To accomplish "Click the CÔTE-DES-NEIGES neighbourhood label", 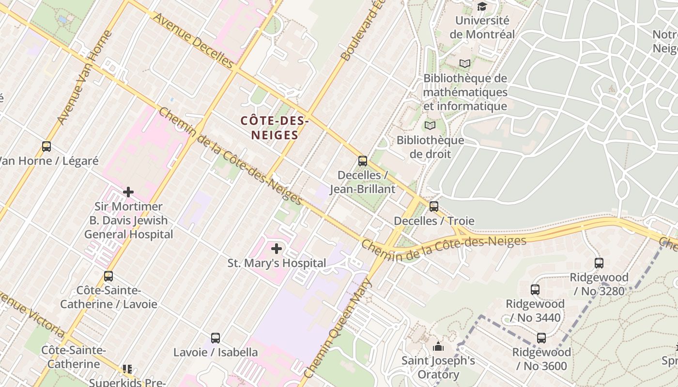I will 275,128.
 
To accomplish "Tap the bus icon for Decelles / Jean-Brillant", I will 363,161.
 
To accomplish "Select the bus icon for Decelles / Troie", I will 434,207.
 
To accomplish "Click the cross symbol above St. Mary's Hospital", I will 277,249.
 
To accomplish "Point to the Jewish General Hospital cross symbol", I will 128,192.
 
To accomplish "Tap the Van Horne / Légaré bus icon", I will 46,146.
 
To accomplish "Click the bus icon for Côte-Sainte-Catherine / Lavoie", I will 108,276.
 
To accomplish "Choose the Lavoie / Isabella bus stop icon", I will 216,338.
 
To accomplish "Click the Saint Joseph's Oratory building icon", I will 438,346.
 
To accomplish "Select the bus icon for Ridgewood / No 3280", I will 599,263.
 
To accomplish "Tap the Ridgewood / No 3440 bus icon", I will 535,290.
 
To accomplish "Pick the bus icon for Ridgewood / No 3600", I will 541,338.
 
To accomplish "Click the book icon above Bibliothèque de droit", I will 430,126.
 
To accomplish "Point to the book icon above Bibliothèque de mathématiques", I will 465,63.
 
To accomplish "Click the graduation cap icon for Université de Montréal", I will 482,6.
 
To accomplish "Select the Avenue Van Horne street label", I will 85,77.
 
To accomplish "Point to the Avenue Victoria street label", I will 32,314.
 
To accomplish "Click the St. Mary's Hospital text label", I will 277,263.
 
